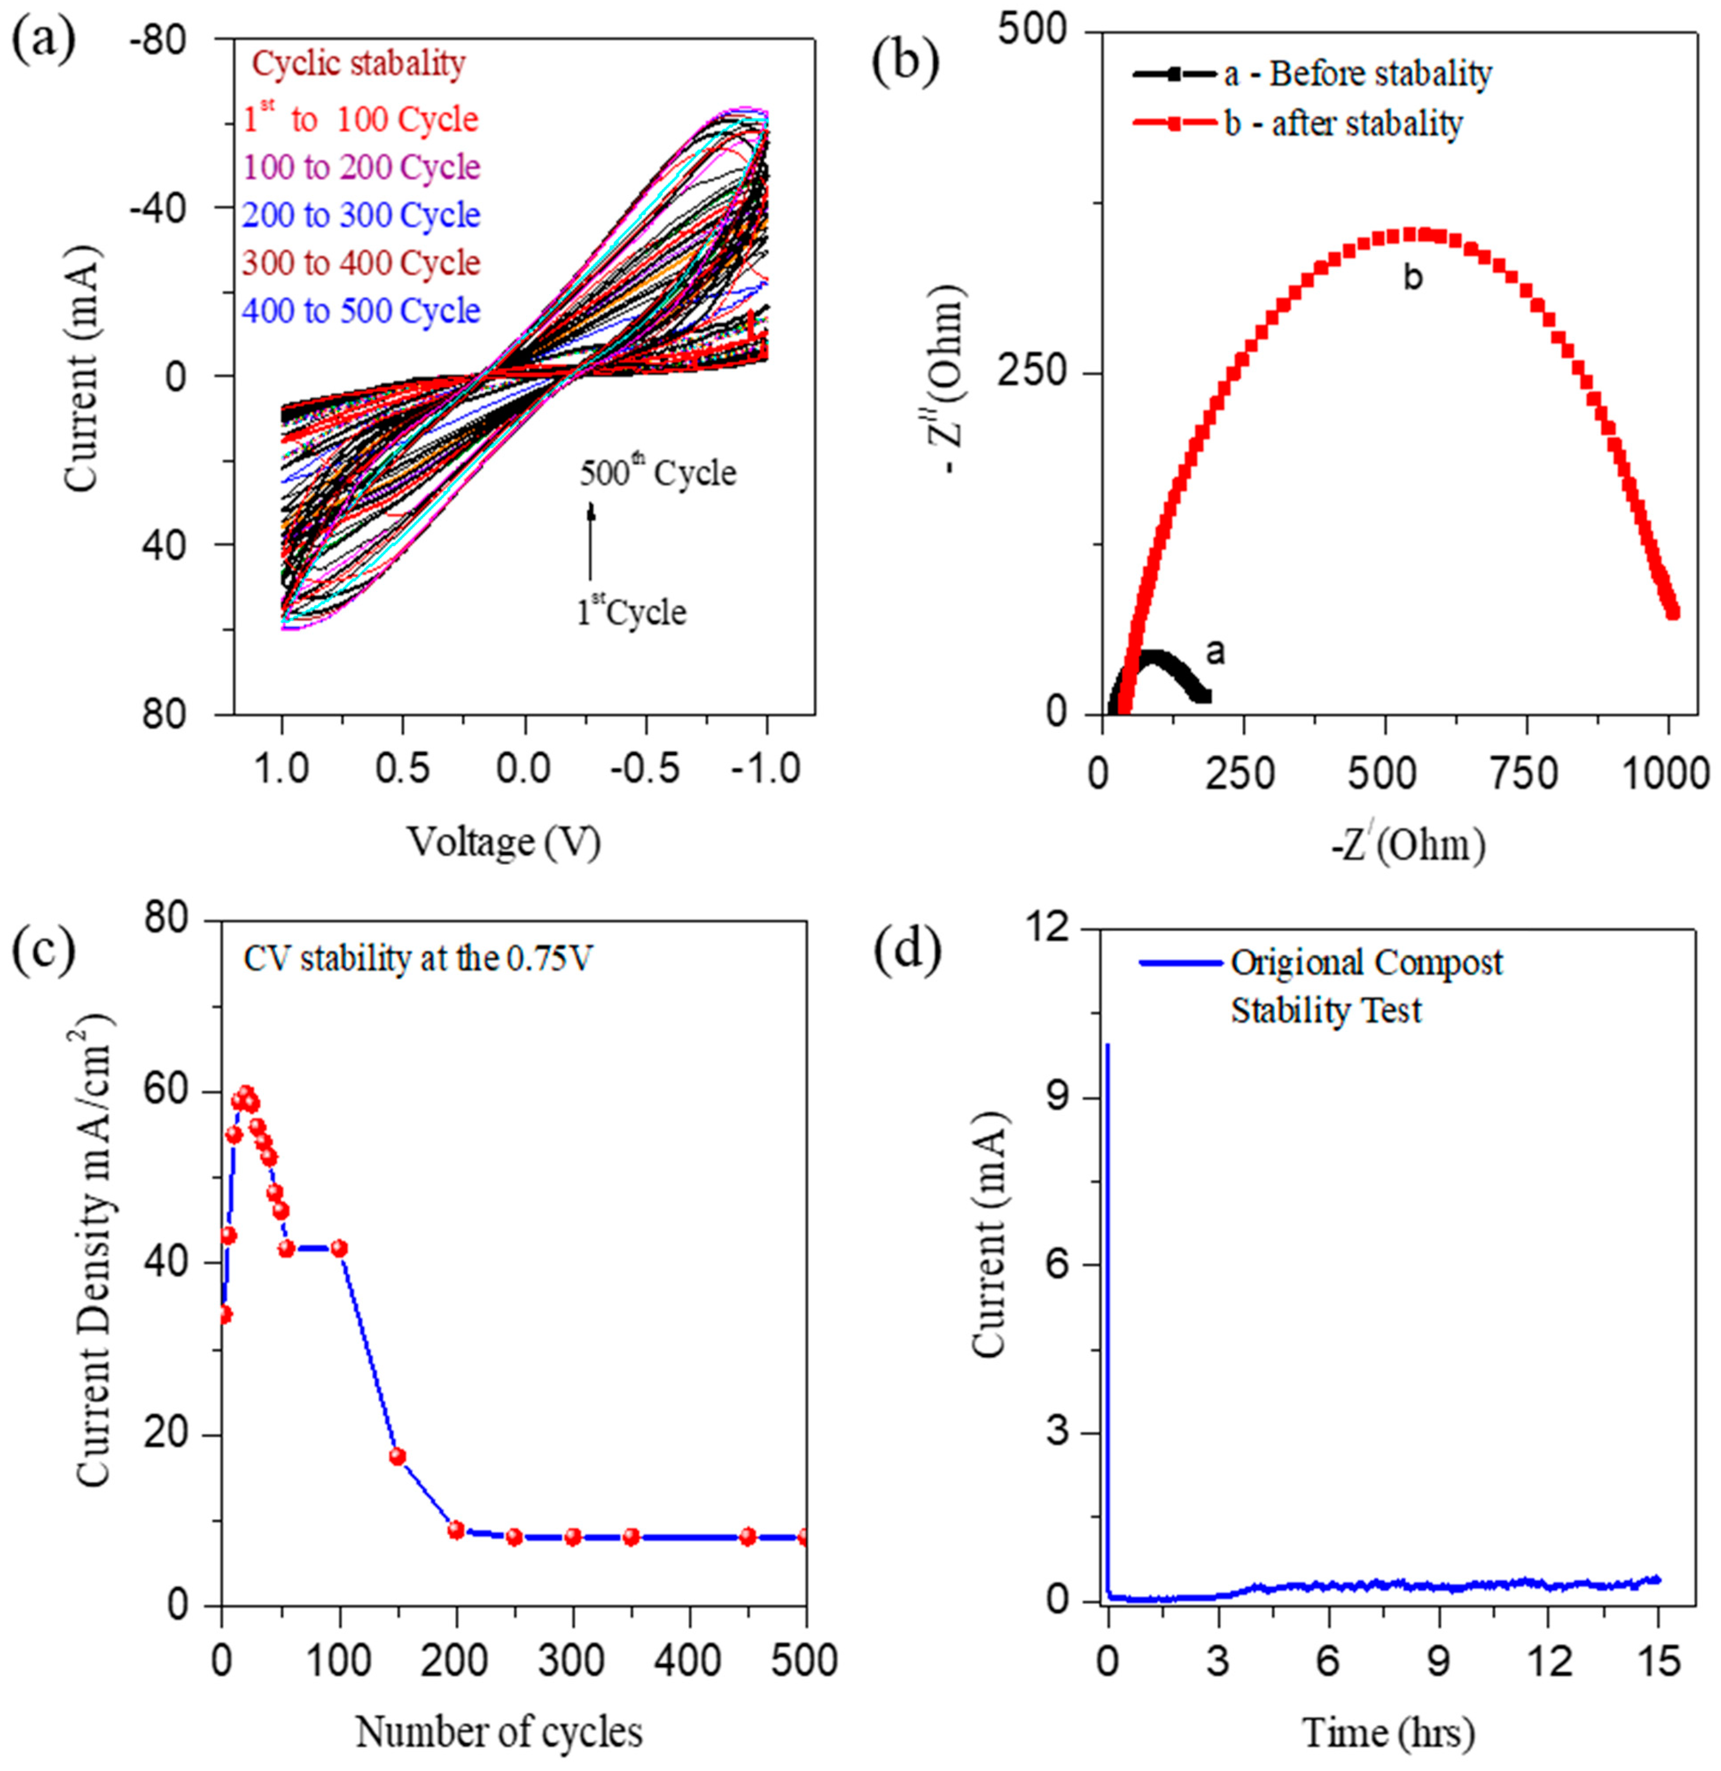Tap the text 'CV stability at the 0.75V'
click(417, 959)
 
